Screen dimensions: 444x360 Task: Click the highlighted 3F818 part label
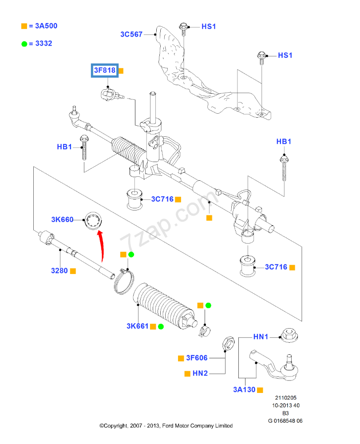tap(104, 70)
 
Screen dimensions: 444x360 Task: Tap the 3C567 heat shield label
tap(131, 34)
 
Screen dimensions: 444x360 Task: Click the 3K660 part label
tap(62, 219)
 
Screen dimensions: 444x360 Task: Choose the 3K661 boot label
tap(137, 326)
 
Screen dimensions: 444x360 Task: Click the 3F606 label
tap(197, 358)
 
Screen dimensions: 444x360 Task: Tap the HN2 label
tap(200, 373)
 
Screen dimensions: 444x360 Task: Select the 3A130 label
tap(244, 389)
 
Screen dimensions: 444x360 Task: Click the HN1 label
tap(261, 337)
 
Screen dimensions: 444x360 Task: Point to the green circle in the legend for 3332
tap(24, 44)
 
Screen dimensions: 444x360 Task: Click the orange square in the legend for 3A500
tap(24, 26)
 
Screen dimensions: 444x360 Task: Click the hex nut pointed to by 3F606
tap(225, 342)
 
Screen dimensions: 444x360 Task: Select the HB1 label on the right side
tap(283, 142)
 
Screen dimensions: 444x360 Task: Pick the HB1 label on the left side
tap(64, 147)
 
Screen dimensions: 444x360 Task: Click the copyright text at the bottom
tap(166, 426)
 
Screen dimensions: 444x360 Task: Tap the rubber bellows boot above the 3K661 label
tap(162, 305)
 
